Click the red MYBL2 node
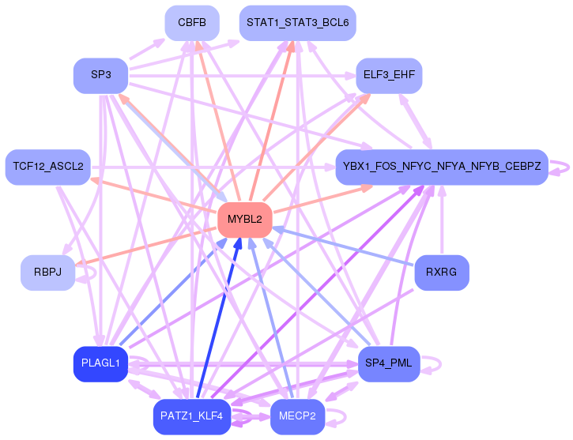[245, 220]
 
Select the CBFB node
[192, 23]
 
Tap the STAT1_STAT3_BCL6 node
[297, 23]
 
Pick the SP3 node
[101, 75]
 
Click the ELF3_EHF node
[389, 75]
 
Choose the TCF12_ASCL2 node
[48, 167]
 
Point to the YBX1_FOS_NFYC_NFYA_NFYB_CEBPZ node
[442, 167]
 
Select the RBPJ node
[48, 273]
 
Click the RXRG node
[442, 273]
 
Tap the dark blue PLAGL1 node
[101, 363]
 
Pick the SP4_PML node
[389, 363]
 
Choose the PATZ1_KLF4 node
[192, 416]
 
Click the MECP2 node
[297, 416]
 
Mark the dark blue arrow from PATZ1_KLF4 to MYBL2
[218, 318]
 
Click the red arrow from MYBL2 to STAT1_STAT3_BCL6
[272, 121]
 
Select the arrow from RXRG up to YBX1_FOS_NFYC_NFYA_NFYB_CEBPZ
[442, 220]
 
